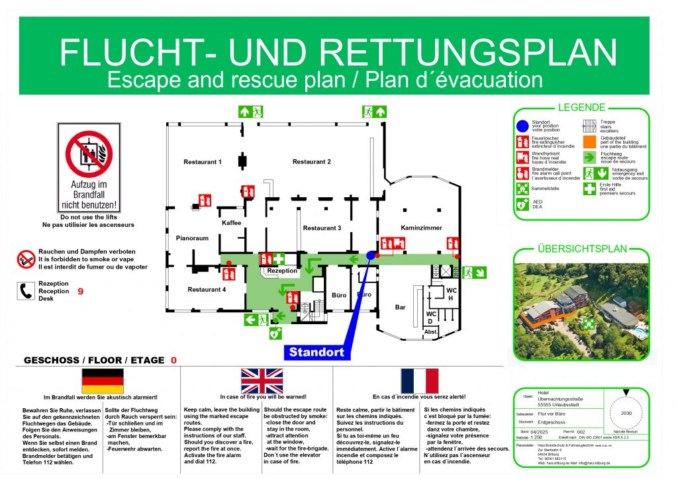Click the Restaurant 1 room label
203,162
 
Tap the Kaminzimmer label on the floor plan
421,228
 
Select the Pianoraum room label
192,238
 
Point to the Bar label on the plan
400,307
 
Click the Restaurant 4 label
207,289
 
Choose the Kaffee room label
232,222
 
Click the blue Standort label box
317,352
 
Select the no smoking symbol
26,259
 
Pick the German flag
102,381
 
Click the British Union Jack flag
262,381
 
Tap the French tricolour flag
419,381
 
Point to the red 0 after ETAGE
173,361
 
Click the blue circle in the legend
522,124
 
